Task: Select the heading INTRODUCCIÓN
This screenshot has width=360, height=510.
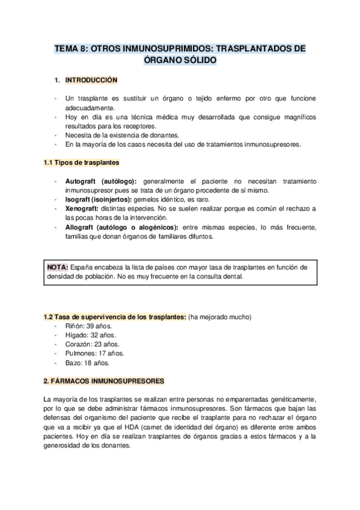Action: point(91,79)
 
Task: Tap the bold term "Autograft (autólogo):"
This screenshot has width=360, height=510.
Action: point(101,181)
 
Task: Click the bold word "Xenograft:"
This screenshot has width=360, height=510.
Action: point(82,208)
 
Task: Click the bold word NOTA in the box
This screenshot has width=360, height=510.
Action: point(57,267)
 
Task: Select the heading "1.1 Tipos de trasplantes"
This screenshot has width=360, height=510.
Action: point(81,162)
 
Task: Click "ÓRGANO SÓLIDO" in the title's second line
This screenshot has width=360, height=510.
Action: point(180,61)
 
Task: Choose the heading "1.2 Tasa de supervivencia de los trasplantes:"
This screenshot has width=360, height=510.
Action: point(115,317)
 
